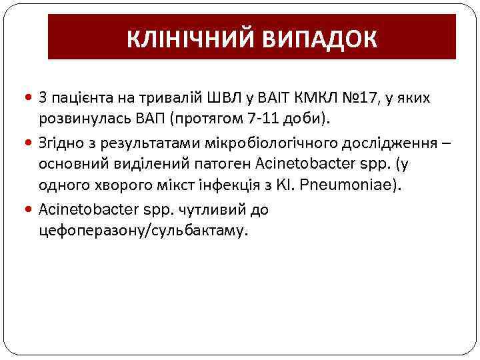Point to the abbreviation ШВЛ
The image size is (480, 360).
(x=227, y=99)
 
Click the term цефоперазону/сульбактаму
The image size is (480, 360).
(x=143, y=231)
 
